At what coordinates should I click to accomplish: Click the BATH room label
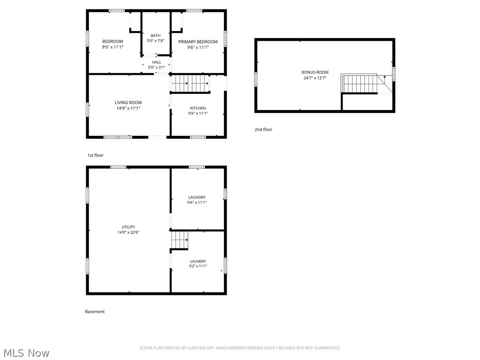[x=156, y=36]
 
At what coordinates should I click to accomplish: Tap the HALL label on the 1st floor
[x=157, y=62]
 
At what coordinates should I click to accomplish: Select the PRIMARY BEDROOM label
[x=198, y=42]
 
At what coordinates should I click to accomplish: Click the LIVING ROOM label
[x=128, y=103]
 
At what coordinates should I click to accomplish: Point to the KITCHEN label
[x=198, y=108]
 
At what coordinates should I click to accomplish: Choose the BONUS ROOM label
[x=315, y=72]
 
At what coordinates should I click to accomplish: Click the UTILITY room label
[x=128, y=227]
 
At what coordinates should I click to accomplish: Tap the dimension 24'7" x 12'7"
[x=315, y=78]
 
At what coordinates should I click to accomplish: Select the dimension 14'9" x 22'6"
[x=128, y=232]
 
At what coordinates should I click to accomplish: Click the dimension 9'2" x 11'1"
[x=198, y=266]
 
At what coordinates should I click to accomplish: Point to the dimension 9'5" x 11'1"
[x=112, y=47]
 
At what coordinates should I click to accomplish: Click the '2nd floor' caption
[x=263, y=129]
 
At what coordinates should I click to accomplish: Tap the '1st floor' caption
[x=96, y=155]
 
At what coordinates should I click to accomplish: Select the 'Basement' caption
[x=95, y=312]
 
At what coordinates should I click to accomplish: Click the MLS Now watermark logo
[x=25, y=352]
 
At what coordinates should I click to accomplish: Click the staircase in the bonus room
[x=360, y=84]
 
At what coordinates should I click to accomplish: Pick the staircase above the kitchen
[x=190, y=84]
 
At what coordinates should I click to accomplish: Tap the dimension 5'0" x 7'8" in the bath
[x=156, y=41]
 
